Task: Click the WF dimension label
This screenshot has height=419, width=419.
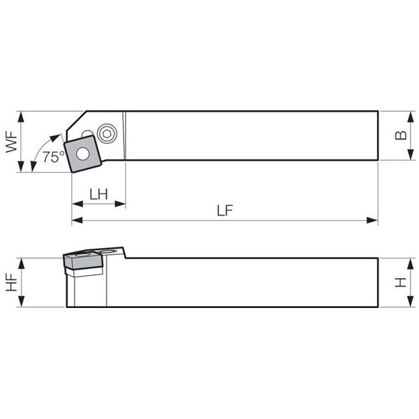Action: [11, 142]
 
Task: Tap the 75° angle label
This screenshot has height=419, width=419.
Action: [54, 157]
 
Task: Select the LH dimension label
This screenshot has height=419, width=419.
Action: [98, 194]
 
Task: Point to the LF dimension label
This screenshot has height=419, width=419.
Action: [225, 210]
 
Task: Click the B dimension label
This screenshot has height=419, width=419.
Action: [401, 135]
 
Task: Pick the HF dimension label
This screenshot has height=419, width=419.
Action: [11, 282]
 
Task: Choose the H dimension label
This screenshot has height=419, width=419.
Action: [401, 282]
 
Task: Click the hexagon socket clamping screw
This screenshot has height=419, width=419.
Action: [107, 133]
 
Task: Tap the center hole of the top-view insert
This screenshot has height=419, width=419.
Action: [82, 154]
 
